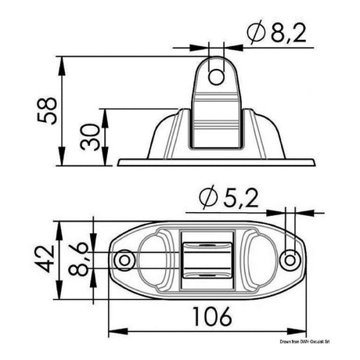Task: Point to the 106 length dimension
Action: [211, 318]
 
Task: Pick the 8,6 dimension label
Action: [78, 258]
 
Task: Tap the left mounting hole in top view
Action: [123, 259]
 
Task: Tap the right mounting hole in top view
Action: [291, 258]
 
